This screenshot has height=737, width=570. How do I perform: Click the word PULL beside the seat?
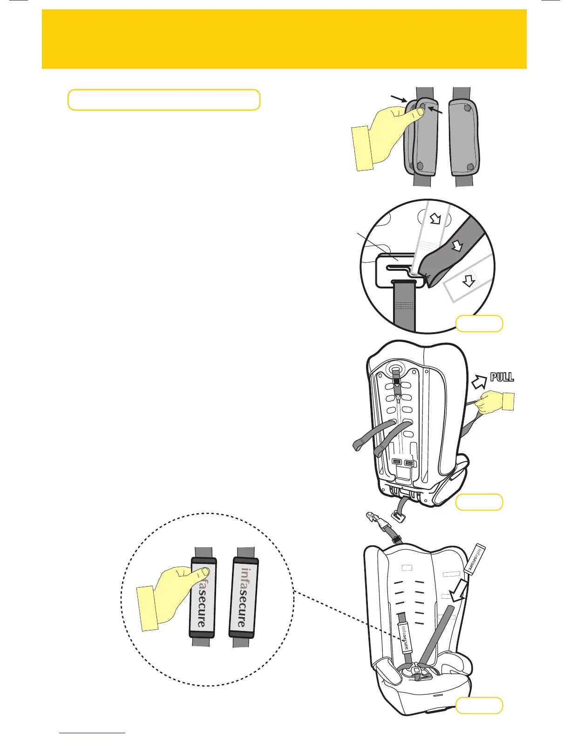tap(502, 377)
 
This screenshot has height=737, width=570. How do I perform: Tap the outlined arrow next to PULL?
tap(479, 382)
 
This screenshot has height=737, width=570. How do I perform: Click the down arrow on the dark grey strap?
tap(458, 245)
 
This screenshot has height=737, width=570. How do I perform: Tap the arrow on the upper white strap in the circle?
tap(435, 218)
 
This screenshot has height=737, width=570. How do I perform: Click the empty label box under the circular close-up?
tap(479, 323)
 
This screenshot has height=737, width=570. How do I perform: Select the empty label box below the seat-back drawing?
tap(479, 502)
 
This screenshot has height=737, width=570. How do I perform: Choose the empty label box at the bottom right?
tap(479, 705)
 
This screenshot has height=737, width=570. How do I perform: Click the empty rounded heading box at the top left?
tap(163, 100)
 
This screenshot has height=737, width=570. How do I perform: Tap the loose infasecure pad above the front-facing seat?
tap(474, 559)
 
